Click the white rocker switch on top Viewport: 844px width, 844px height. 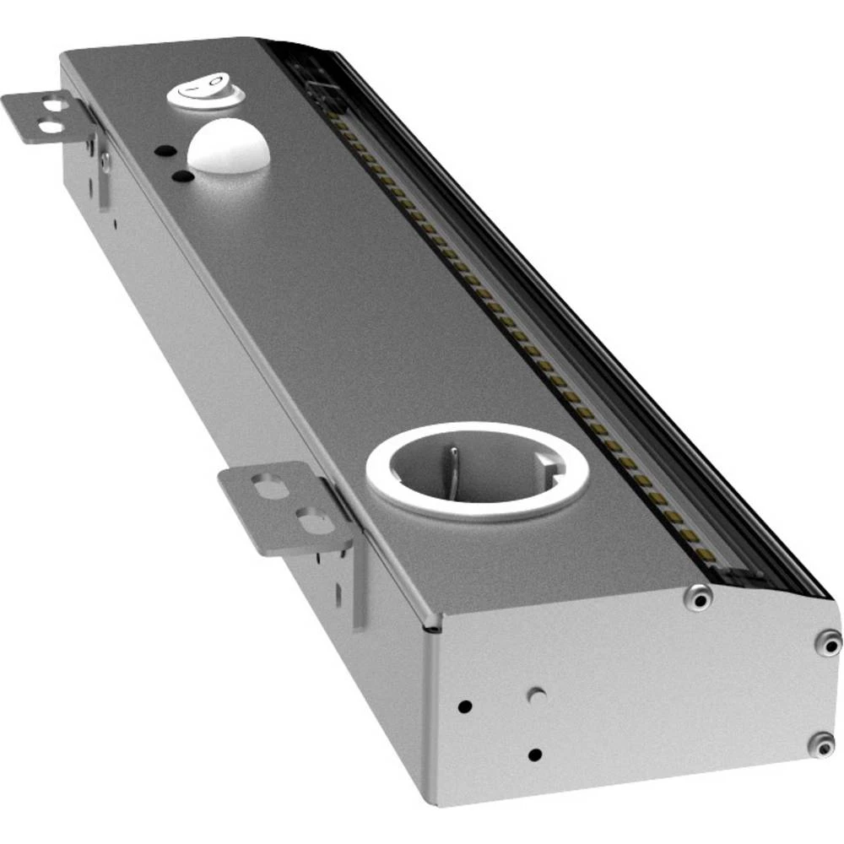click(205, 92)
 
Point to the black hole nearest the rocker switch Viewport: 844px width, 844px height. click(165, 151)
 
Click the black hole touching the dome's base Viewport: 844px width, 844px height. click(182, 176)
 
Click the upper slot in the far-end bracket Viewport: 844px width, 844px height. click(51, 105)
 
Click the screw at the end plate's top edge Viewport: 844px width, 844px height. click(698, 598)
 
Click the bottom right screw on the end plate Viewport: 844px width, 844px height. click(821, 744)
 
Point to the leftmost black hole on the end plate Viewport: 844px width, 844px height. click(463, 706)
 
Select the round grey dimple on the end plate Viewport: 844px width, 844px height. click(535, 696)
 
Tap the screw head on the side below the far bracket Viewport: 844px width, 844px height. click(105, 159)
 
